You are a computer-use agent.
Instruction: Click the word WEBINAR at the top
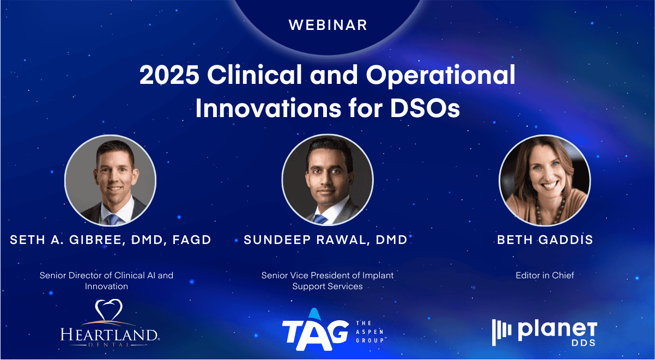(328, 25)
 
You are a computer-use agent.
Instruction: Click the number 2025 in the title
(169, 75)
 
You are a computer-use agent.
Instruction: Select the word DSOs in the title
(425, 109)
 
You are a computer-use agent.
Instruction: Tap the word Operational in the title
(441, 76)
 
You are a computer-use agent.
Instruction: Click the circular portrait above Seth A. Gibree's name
(110, 180)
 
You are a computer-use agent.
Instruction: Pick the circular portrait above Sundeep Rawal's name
(327, 180)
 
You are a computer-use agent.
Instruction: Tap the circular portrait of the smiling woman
(545, 180)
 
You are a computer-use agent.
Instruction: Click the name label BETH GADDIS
(545, 240)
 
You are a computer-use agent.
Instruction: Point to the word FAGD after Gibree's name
(192, 240)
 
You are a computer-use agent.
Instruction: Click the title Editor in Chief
(545, 275)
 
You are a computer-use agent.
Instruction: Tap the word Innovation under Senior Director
(106, 286)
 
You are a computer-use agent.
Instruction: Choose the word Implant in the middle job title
(378, 276)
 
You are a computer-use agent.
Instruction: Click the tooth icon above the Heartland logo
(109, 310)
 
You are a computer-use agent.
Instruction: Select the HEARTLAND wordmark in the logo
(110, 334)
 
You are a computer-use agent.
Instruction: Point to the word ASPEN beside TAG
(369, 332)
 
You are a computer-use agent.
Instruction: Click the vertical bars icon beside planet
(501, 332)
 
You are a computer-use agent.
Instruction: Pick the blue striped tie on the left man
(113, 219)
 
